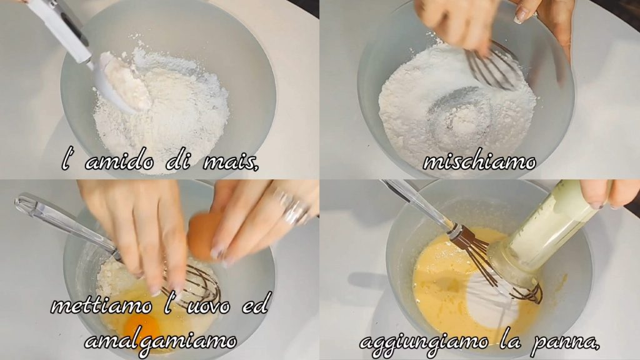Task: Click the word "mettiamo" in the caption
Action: pos(101,306)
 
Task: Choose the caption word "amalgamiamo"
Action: pos(161,341)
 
